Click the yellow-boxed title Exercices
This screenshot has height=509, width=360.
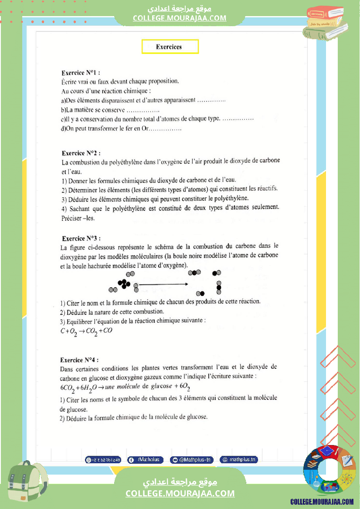click(170, 47)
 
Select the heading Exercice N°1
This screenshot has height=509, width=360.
click(81, 73)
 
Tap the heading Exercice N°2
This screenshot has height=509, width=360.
click(81, 153)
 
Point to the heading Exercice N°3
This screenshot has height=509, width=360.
click(81, 238)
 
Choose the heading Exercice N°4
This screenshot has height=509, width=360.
click(79, 360)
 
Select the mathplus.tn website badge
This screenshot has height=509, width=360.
click(239, 459)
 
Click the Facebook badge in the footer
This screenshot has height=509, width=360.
click(146, 459)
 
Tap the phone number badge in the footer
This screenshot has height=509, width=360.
click(103, 459)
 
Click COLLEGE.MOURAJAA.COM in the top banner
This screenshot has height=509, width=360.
click(180, 18)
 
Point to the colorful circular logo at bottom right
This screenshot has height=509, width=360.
click(329, 472)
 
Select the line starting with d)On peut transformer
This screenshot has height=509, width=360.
click(121, 129)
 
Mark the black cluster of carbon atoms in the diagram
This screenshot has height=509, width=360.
click(124, 284)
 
